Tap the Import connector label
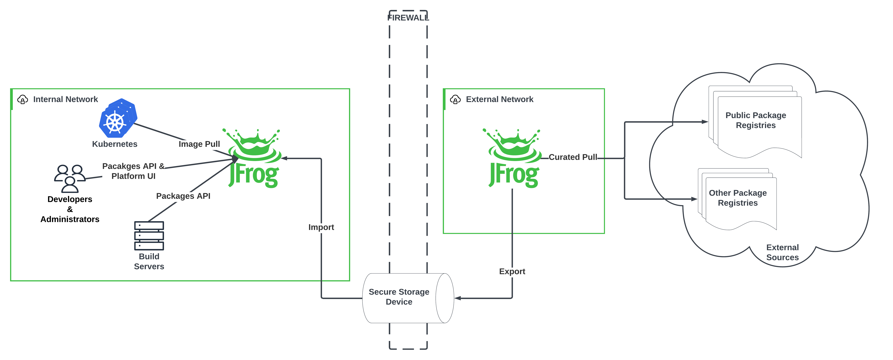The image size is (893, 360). [x=321, y=227]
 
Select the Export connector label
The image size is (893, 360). [x=512, y=271]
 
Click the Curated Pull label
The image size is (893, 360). [x=573, y=157]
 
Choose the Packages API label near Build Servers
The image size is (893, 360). [x=183, y=196]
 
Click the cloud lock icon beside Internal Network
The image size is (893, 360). [x=23, y=99]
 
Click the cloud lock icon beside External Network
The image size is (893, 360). [x=455, y=99]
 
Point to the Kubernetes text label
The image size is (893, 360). [x=114, y=144]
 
